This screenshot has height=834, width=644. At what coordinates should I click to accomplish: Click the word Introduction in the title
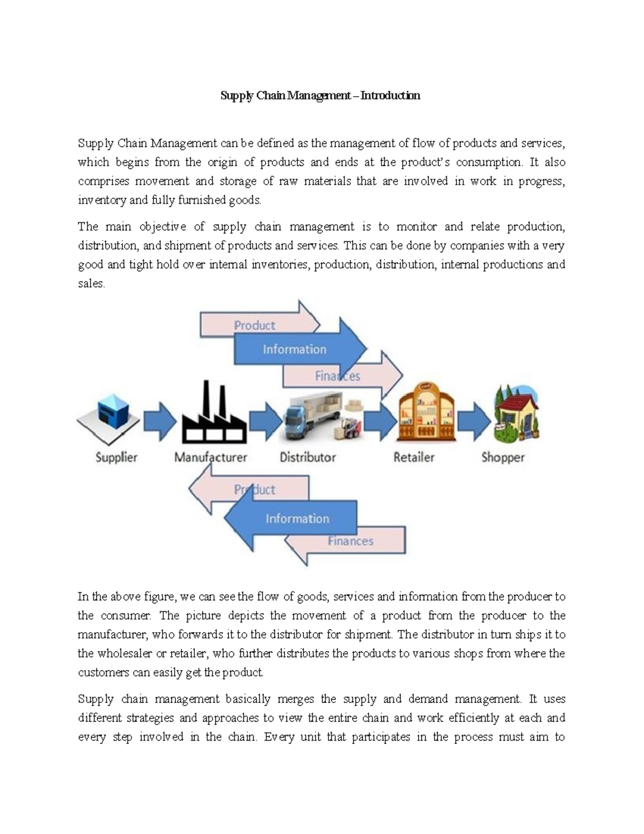[x=390, y=96]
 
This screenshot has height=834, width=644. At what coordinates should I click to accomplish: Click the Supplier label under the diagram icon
[x=116, y=458]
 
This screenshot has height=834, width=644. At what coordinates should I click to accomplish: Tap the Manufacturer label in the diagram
[x=210, y=458]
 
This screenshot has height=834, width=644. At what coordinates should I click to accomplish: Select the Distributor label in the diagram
[x=308, y=458]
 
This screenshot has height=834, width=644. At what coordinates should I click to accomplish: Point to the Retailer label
[x=414, y=458]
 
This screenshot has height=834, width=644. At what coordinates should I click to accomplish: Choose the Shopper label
[x=503, y=458]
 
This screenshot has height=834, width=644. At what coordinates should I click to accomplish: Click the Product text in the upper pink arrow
[x=254, y=325]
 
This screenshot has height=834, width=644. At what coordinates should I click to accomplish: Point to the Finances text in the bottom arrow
[x=350, y=541]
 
